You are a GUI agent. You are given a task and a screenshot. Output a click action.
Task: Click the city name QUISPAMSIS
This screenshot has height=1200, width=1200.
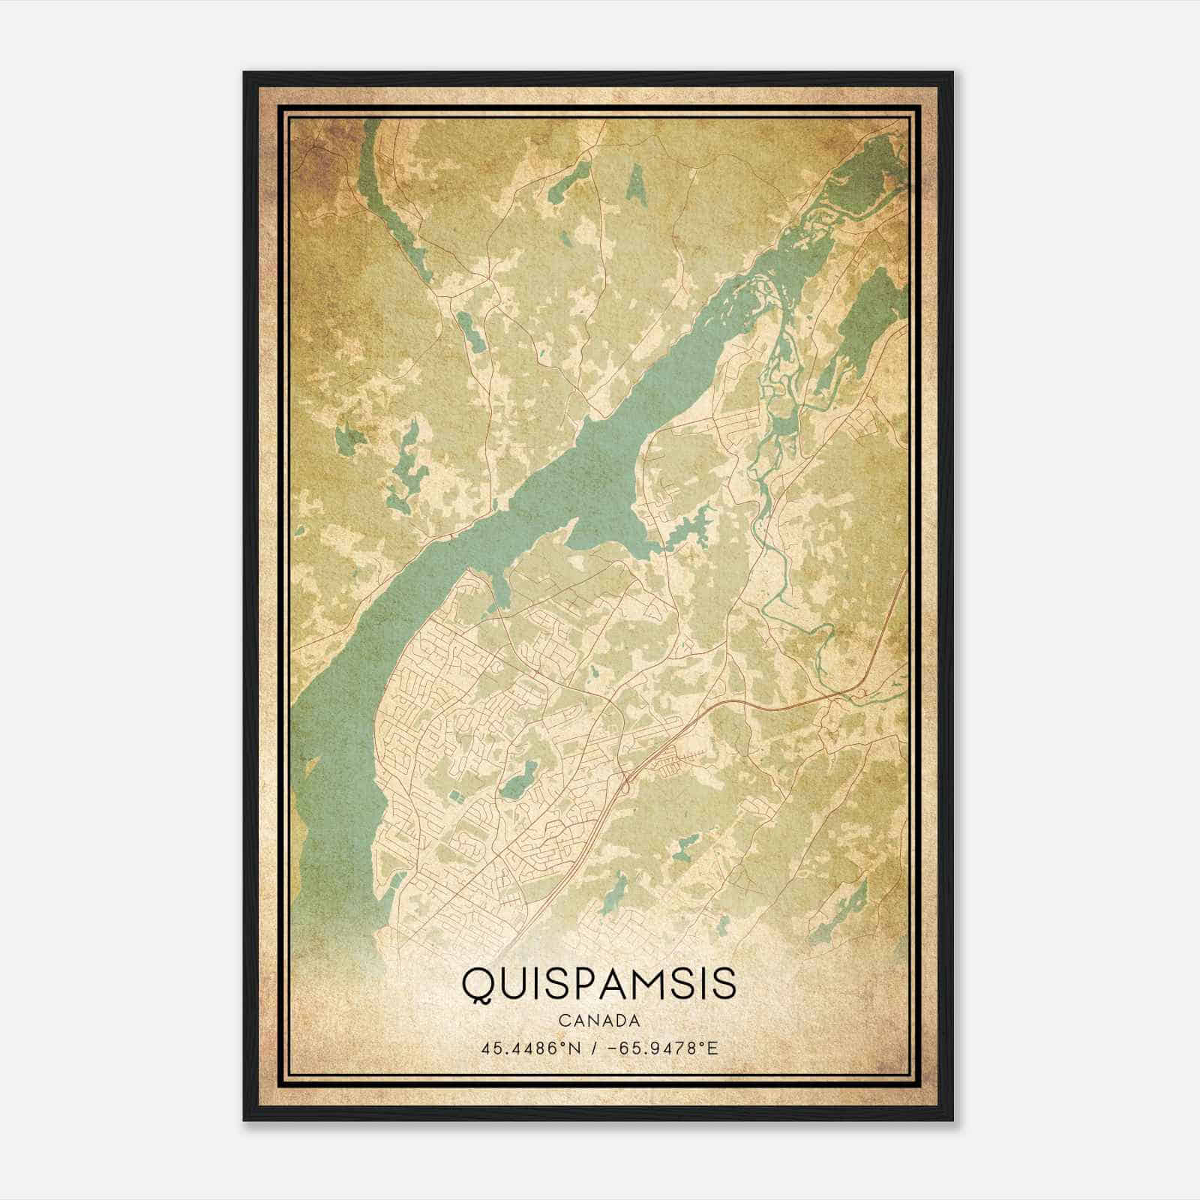click(598, 984)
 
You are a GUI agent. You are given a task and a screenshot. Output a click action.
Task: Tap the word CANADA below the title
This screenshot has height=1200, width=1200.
click(598, 1021)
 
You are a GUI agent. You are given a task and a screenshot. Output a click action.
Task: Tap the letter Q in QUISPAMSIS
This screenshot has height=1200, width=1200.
click(477, 985)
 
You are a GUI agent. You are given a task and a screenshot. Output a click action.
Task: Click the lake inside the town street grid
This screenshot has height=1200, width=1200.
click(517, 782)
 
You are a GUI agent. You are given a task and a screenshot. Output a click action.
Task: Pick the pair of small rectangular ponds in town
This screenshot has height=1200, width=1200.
click(454, 793)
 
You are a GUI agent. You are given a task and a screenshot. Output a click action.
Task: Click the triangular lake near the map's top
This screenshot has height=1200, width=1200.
click(637, 184)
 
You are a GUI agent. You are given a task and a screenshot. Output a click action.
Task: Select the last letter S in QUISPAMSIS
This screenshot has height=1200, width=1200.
click(724, 985)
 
